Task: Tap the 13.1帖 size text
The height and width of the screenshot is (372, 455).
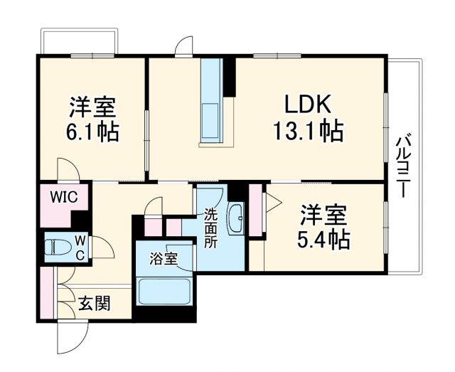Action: pyautogui.click(x=307, y=132)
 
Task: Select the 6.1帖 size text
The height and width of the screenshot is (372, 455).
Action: pyautogui.click(x=93, y=132)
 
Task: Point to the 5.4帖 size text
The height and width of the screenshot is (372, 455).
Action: pyautogui.click(x=323, y=239)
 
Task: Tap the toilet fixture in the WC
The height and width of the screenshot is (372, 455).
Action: pyautogui.click(x=57, y=248)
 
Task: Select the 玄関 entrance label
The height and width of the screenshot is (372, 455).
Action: pyautogui.click(x=94, y=304)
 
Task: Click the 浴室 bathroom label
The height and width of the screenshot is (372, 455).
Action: pyautogui.click(x=164, y=259)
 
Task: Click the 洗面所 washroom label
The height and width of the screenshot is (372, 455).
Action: pyautogui.click(x=212, y=228)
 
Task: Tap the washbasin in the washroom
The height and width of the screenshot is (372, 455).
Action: pyautogui.click(x=236, y=218)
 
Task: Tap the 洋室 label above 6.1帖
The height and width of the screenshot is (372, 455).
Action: pyautogui.click(x=93, y=107)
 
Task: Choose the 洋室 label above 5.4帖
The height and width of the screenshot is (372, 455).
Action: pyautogui.click(x=323, y=214)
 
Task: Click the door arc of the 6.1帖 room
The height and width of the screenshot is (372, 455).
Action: pyautogui.click(x=68, y=169)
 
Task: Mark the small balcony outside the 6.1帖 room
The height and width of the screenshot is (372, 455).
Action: pyautogui.click(x=78, y=42)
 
